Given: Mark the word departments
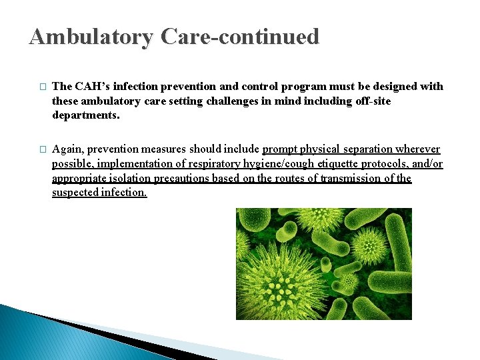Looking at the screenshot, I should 86,115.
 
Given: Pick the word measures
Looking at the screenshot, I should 165,149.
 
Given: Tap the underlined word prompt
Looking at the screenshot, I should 283,149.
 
